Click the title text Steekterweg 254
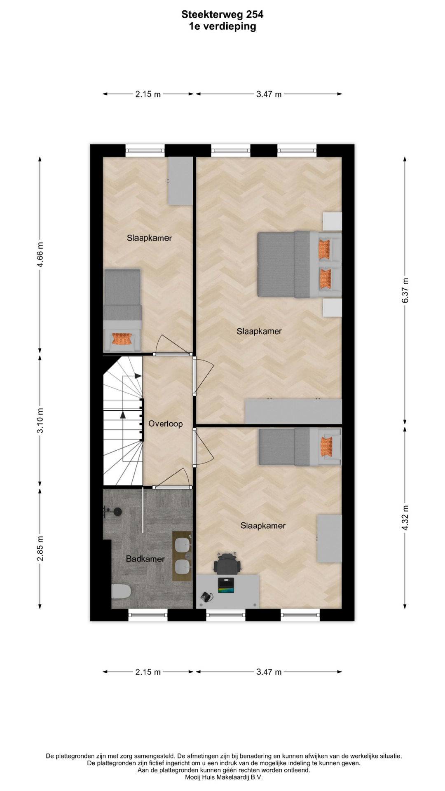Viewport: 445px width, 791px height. (x=222, y=14)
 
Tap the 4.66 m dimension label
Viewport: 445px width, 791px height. (x=40, y=255)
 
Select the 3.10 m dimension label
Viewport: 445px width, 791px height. (x=40, y=421)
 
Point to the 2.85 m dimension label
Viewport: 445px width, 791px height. (x=40, y=548)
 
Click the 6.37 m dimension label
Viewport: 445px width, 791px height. (x=405, y=290)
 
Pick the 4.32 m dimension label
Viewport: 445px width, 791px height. (x=405, y=517)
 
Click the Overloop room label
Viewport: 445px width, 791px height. (x=166, y=424)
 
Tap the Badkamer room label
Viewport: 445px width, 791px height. (x=145, y=559)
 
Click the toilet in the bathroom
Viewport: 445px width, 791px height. (x=121, y=592)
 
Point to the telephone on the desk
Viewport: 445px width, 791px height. (x=206, y=597)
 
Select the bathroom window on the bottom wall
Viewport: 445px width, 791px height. (x=148, y=615)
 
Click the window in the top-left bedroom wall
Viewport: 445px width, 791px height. (x=145, y=150)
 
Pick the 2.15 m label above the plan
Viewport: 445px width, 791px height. (x=148, y=94)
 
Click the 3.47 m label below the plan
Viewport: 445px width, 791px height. (x=269, y=672)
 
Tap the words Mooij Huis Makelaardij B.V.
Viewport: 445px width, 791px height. (x=224, y=777)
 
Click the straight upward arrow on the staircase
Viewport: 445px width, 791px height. (x=123, y=436)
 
